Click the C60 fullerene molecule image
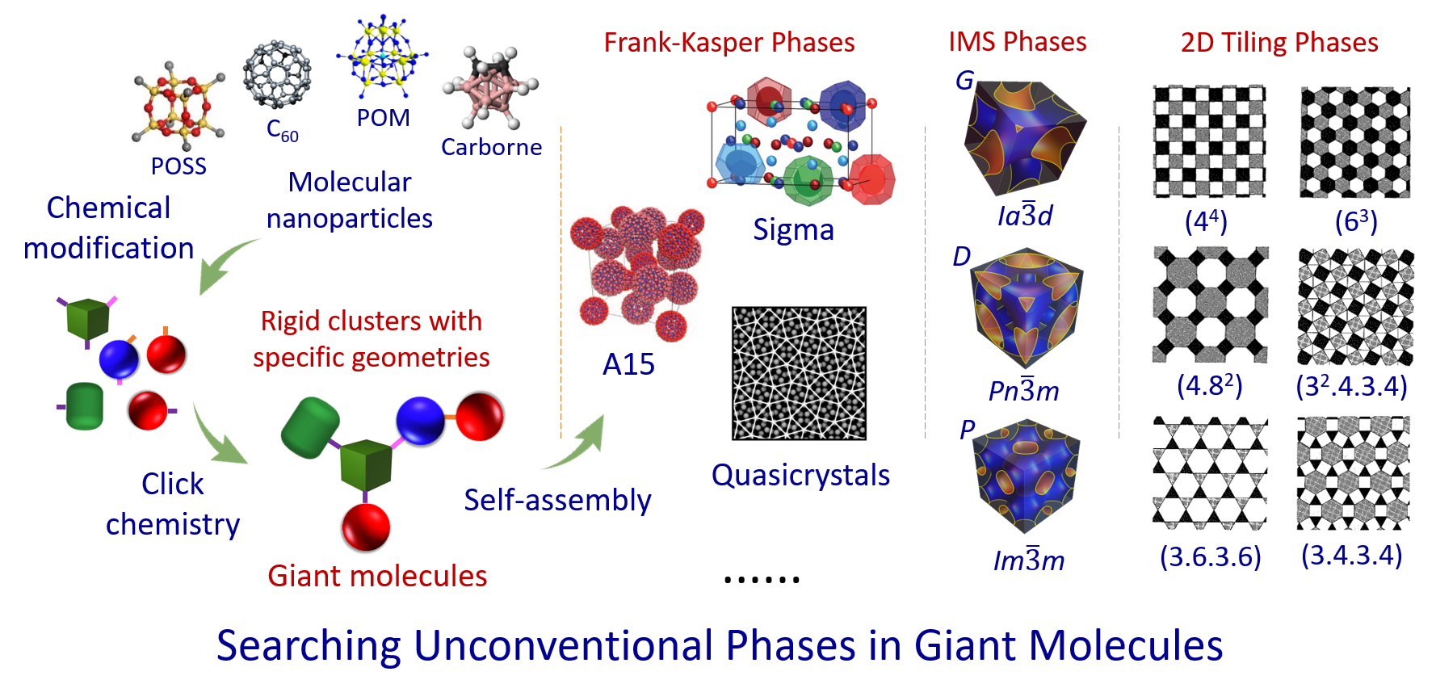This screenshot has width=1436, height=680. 277,73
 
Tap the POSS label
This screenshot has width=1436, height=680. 178,166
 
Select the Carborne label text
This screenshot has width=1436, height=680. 491,147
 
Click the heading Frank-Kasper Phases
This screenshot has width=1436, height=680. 729,42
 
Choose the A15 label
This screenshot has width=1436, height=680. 628,364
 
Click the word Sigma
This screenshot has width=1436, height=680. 793,230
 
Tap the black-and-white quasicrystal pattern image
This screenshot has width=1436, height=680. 799,373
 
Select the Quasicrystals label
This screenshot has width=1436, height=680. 800,475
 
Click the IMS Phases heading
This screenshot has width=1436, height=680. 1018,41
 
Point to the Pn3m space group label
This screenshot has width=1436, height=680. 1023,390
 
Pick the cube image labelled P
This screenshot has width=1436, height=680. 1026,475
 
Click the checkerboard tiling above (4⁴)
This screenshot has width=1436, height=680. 1209,141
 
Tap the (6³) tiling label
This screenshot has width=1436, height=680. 1356,221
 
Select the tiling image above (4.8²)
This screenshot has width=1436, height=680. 1210,305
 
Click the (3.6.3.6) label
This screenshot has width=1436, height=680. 1210,556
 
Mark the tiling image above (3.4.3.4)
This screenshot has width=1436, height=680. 1354,472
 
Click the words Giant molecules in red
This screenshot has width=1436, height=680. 377,576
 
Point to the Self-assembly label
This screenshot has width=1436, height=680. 557,501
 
